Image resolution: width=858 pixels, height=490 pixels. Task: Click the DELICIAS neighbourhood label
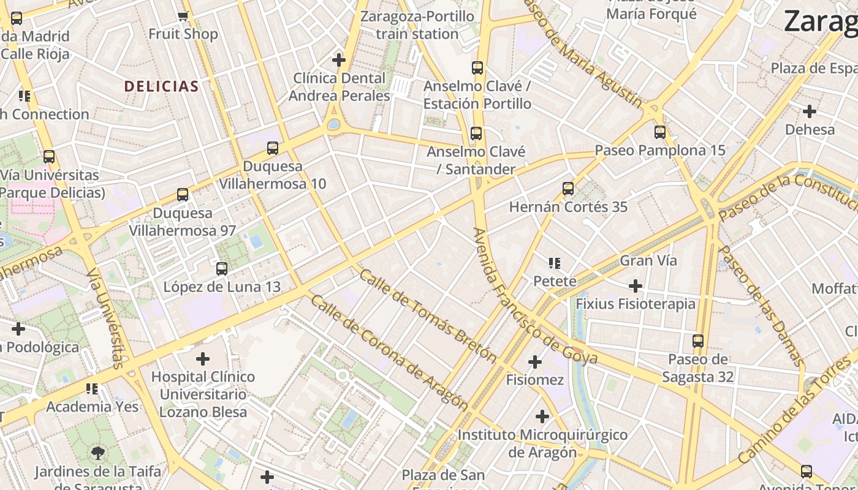[162, 86]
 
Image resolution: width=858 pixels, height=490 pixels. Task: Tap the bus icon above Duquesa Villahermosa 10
[273, 148]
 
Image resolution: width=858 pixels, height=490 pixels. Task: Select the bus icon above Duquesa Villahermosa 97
[183, 195]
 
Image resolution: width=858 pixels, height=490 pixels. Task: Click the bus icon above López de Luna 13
[222, 268]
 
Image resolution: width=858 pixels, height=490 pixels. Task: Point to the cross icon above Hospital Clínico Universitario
[203, 358]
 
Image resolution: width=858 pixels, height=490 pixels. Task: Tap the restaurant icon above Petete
[555, 263]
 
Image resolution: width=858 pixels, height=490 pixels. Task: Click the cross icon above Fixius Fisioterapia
[636, 285]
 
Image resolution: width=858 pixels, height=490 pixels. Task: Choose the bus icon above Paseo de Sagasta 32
[698, 341]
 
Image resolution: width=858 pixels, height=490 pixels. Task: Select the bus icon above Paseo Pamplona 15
[660, 132]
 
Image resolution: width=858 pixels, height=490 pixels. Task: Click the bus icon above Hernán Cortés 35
[568, 188]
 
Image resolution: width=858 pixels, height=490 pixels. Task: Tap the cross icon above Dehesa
[810, 111]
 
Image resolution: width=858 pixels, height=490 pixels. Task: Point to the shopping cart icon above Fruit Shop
[183, 16]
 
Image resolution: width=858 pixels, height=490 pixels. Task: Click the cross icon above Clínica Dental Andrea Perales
[339, 60]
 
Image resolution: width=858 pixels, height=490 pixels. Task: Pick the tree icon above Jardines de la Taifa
[97, 453]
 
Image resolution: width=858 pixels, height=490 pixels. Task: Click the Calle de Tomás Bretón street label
[427, 315]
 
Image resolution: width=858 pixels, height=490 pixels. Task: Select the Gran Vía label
[648, 260]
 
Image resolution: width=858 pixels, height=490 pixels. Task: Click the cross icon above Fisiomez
[535, 362]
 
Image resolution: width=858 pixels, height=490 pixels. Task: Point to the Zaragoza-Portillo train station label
[417, 24]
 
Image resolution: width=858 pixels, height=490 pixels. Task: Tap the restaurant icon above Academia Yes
[92, 388]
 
